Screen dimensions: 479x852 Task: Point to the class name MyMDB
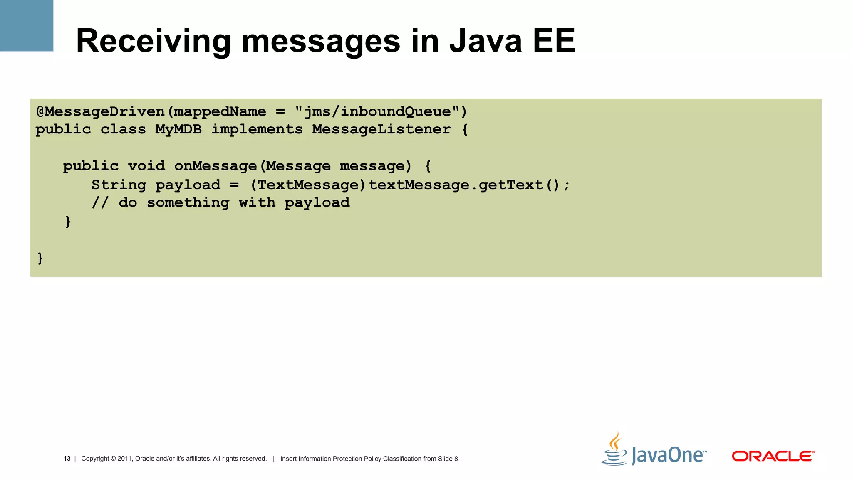[x=178, y=129]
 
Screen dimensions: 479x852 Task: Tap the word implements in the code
[x=257, y=129]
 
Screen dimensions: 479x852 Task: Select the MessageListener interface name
[x=381, y=129]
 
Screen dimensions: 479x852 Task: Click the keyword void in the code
[x=146, y=166]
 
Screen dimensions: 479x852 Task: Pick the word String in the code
[x=119, y=185]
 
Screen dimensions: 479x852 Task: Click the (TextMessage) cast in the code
[x=308, y=185]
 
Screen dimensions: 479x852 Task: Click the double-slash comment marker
[x=100, y=203]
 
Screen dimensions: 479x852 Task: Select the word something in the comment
[x=188, y=203]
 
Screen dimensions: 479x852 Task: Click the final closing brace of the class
[x=40, y=258]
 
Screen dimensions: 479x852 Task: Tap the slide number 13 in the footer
[x=67, y=459]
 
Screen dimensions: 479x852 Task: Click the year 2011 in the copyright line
[x=124, y=459]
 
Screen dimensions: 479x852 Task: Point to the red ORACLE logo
[x=773, y=456]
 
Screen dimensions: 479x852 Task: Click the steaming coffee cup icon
[x=614, y=449]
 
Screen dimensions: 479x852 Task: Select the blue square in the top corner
[x=27, y=25]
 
